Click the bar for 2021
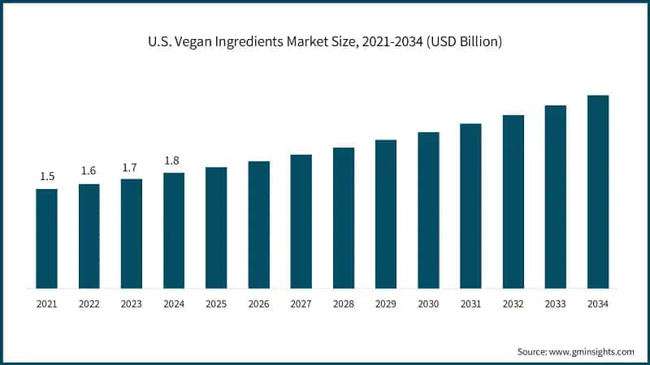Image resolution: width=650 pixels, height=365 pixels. [x=46, y=238]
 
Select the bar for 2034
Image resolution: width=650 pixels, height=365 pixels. [x=598, y=191]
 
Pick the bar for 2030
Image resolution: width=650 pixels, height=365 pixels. [x=428, y=210]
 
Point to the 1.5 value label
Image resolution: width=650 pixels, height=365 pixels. [x=46, y=176]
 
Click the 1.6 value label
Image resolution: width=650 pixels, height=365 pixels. [x=89, y=171]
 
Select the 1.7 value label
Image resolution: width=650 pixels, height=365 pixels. [x=131, y=166]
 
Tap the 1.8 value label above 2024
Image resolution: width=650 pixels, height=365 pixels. [x=173, y=161]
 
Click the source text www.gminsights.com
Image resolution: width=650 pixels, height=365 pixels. [x=591, y=351]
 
